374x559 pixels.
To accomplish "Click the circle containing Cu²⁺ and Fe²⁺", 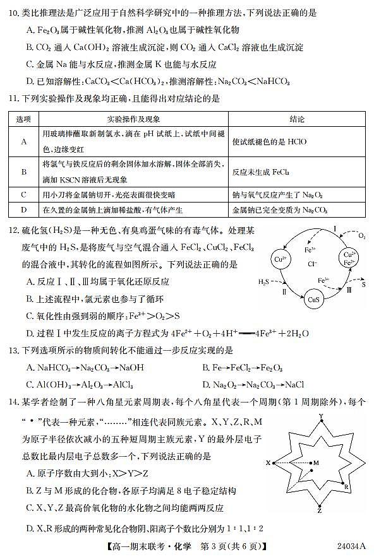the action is click(349, 259).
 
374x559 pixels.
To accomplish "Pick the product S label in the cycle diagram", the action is click(363, 285).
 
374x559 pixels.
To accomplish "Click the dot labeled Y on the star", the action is click(321, 424).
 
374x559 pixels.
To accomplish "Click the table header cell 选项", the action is click(23, 119).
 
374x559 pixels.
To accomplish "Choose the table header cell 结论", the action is click(296, 119).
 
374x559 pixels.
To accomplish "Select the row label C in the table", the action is click(23, 194).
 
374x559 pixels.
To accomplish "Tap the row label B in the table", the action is click(23, 172).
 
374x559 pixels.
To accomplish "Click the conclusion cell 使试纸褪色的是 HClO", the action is click(268, 142).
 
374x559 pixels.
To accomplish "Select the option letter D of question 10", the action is click(30, 81).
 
